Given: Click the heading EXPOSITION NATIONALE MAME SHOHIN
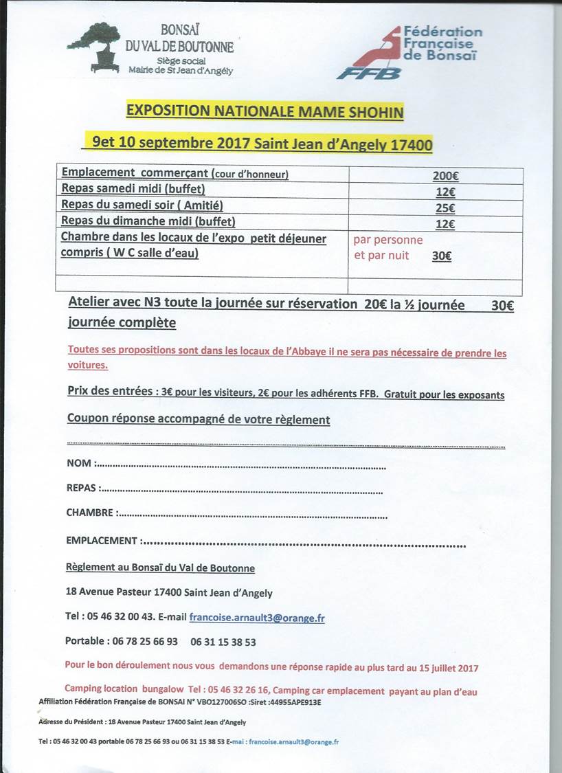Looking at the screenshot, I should pyautogui.click(x=265, y=111).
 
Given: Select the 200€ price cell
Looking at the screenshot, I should pyautogui.click(x=445, y=176).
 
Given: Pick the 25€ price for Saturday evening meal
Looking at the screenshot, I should pyautogui.click(x=445, y=208).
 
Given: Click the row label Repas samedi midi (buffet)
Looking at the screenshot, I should pyautogui.click(x=133, y=188).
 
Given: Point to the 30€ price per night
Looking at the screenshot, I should pyautogui.click(x=442, y=256).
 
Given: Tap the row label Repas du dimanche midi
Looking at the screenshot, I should pyautogui.click(x=148, y=221).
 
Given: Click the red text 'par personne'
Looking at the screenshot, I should pyautogui.click(x=388, y=240).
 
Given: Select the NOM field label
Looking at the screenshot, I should pyautogui.click(x=79, y=463).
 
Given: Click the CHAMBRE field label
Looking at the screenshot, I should pyautogui.click(x=89, y=513).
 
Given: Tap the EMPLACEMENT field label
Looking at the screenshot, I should pyautogui.click(x=102, y=541).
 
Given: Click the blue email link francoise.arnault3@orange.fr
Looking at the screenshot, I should pyautogui.click(x=257, y=618).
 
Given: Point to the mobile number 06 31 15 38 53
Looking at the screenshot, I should pyautogui.click(x=223, y=642).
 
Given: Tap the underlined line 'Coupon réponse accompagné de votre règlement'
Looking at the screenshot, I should pyautogui.click(x=199, y=419).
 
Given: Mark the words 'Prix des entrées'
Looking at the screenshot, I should pyautogui.click(x=110, y=391).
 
